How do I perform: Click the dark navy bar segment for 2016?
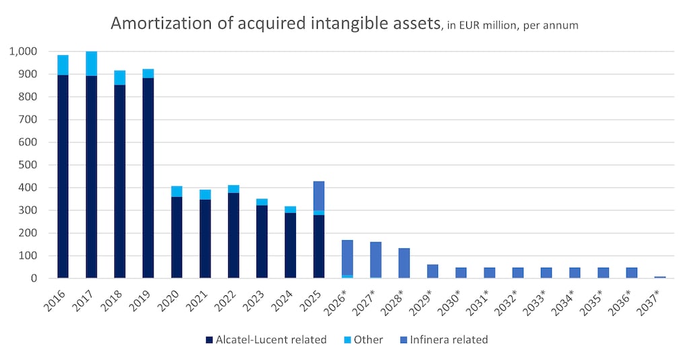tap(63, 176)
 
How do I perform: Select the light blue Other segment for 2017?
tap(91, 63)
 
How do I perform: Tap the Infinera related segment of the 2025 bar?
tap(319, 196)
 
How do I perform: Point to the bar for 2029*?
tap(433, 271)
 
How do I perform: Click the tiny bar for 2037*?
tap(660, 277)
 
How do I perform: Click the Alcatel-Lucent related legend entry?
tap(266, 340)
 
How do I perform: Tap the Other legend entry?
tap(364, 340)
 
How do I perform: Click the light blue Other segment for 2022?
tap(233, 189)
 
